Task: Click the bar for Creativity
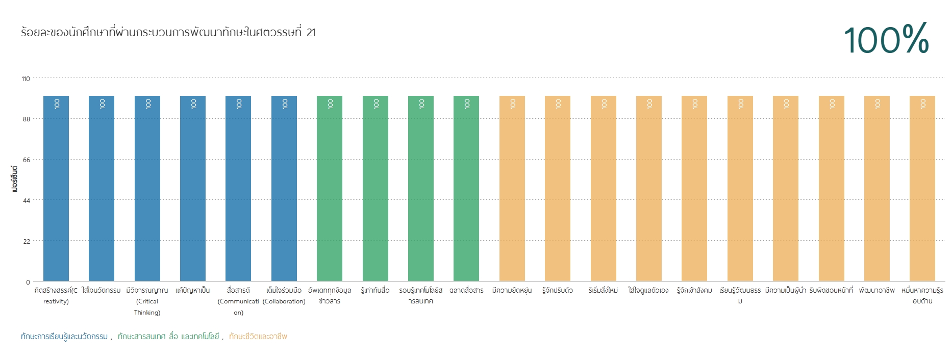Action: tap(56, 189)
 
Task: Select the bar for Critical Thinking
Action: tap(147, 189)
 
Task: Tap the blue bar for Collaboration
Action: tap(284, 189)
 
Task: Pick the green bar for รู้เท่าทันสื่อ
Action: tap(375, 189)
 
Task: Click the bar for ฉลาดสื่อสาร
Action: tap(466, 189)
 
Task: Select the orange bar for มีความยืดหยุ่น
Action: tap(512, 189)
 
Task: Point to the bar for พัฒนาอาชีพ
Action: tap(877, 189)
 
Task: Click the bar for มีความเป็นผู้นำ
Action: tap(786, 189)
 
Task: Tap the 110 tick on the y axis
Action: tap(26, 79)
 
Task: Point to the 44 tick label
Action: tap(27, 200)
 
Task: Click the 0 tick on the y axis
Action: tap(28, 282)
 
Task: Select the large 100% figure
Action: tap(886, 39)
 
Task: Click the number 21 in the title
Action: tap(311, 33)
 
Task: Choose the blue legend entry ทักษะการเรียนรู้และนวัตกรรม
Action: tap(64, 337)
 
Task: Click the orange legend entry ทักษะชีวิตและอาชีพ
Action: tap(258, 337)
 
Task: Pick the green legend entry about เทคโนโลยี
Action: tap(168, 337)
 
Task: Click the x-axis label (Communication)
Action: tap(238, 307)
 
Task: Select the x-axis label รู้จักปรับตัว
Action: tap(558, 290)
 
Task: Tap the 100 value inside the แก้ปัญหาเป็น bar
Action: tap(193, 104)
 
